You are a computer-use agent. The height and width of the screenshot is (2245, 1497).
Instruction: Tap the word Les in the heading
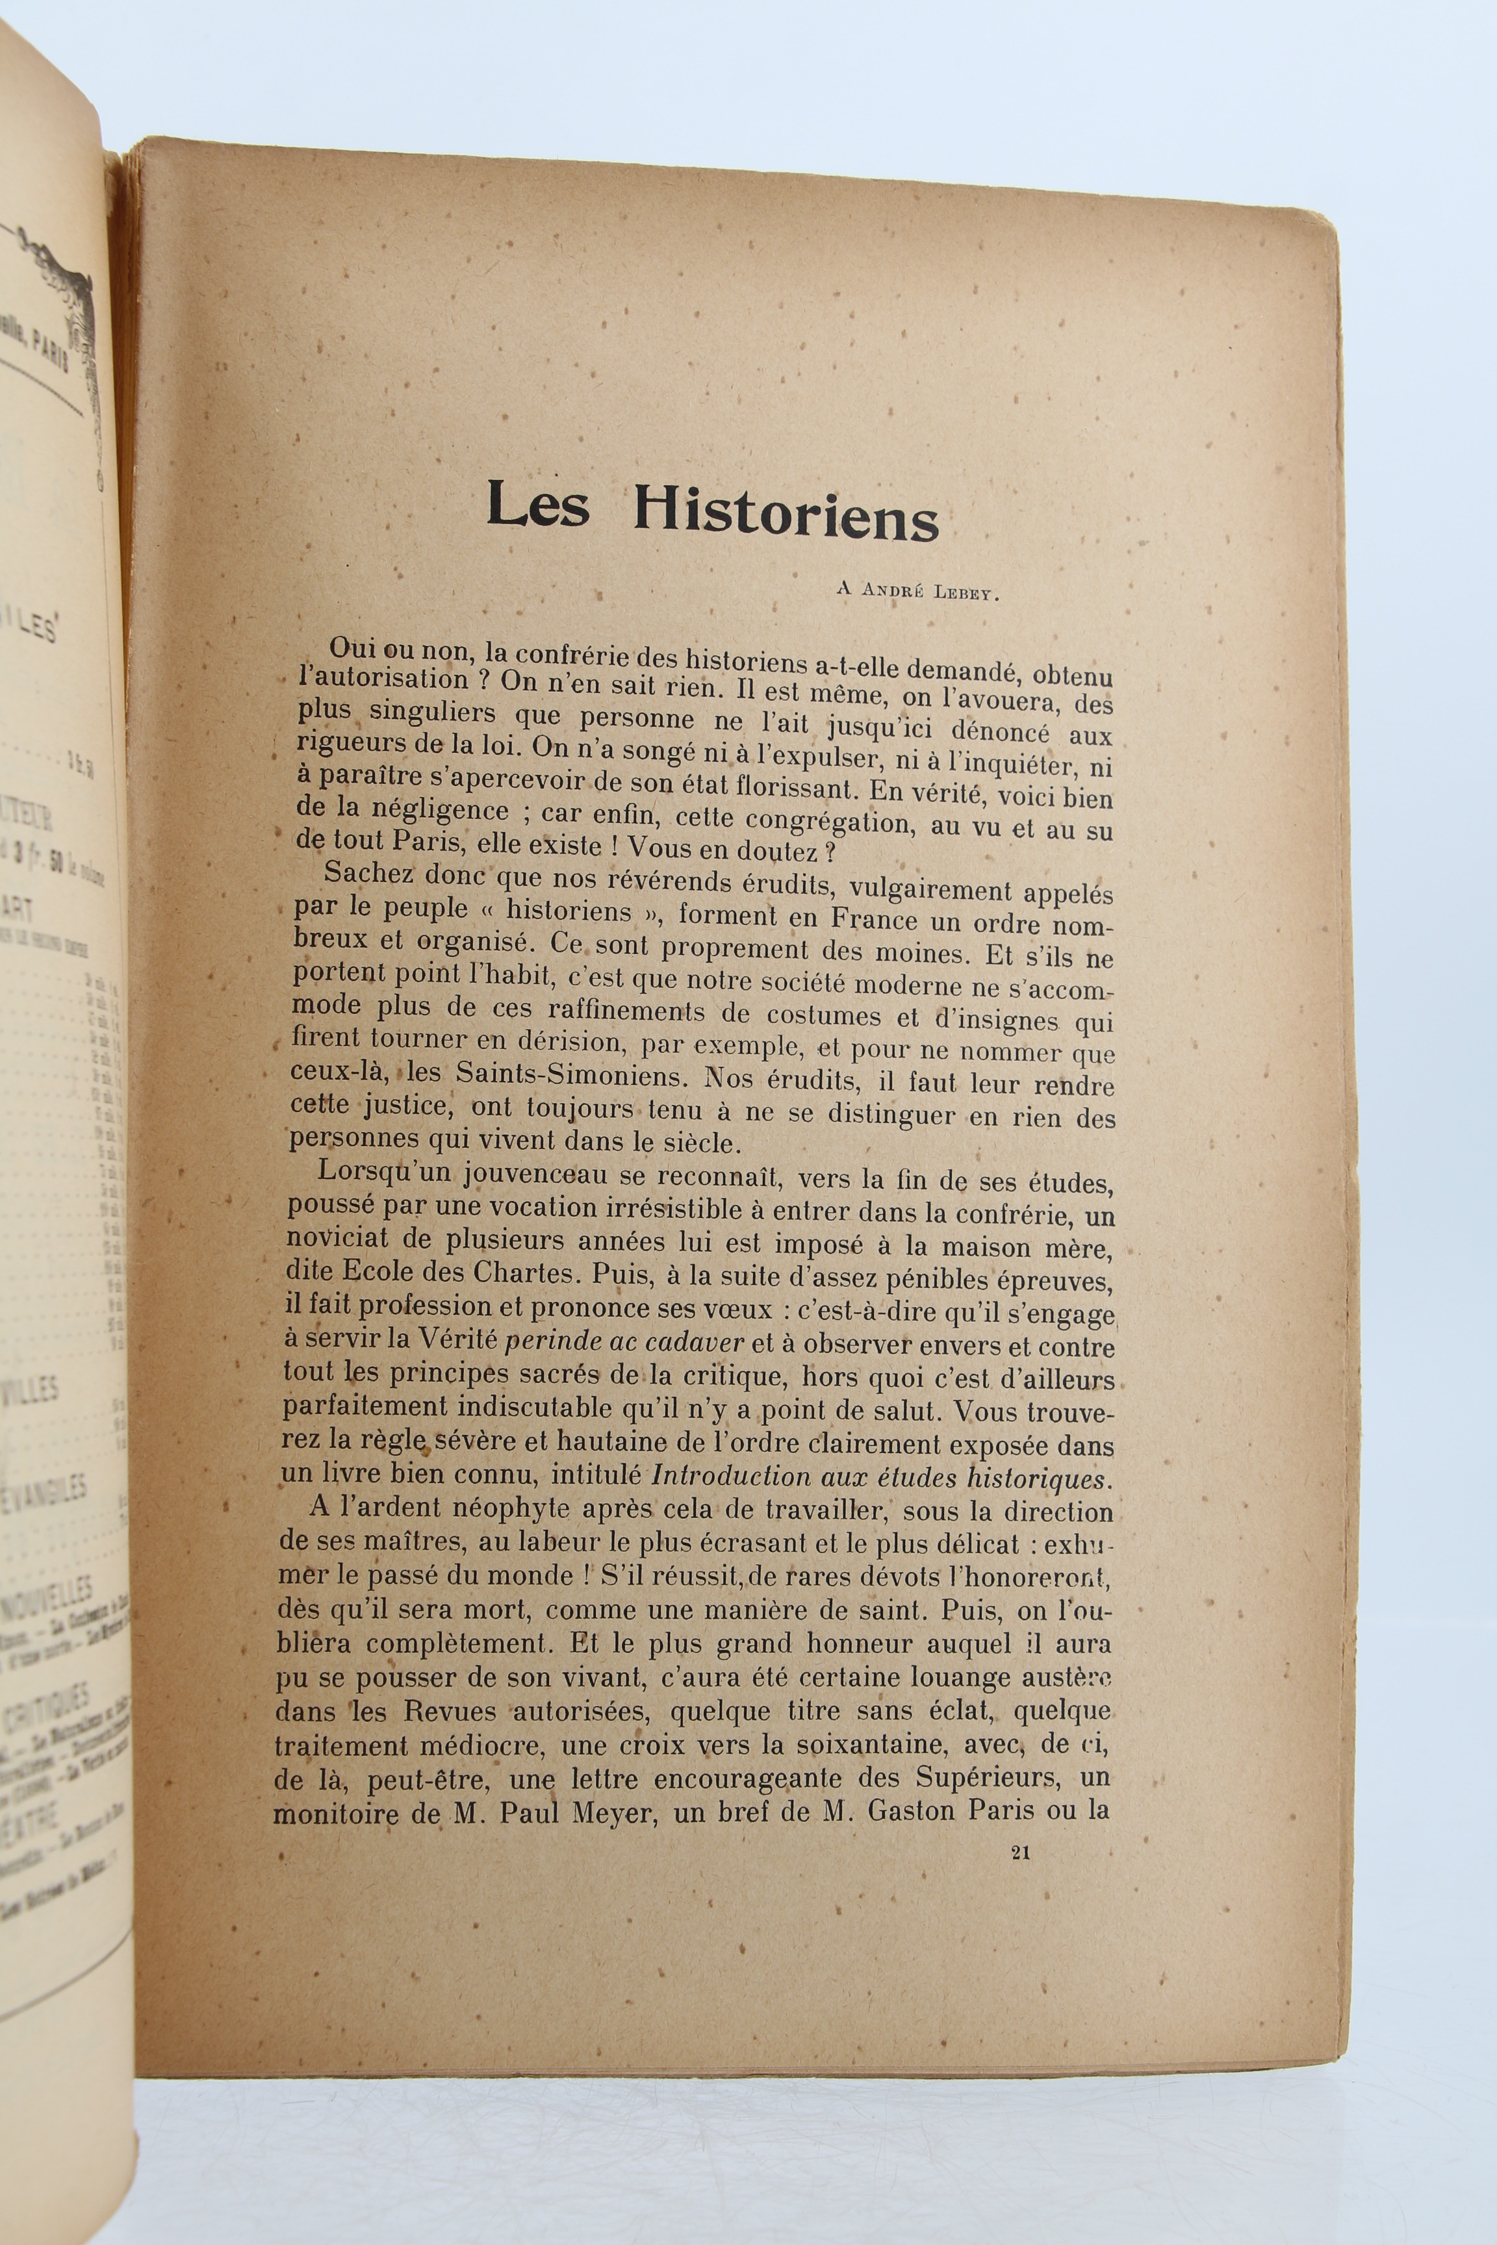pyautogui.click(x=537, y=507)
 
